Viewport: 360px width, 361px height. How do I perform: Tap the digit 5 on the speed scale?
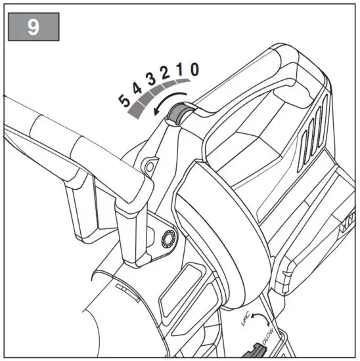(x=124, y=100)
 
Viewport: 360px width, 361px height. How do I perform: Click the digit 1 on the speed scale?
(x=179, y=70)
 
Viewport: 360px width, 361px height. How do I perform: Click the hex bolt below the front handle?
(x=166, y=238)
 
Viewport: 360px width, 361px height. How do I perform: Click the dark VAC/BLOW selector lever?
(x=258, y=351)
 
